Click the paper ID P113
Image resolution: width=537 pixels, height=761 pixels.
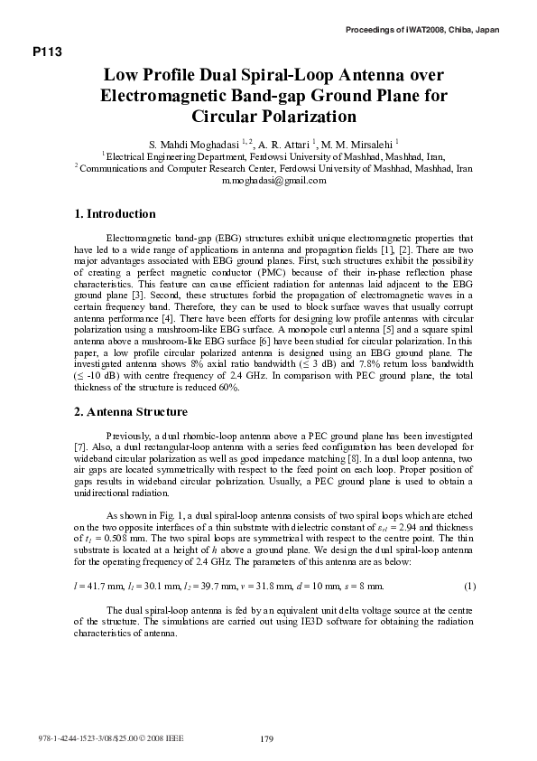(x=47, y=52)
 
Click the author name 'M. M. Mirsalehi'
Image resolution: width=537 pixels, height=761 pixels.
(x=359, y=143)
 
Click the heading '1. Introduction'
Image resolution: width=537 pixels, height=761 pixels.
(x=115, y=214)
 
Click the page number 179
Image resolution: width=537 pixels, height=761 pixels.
(x=267, y=739)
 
